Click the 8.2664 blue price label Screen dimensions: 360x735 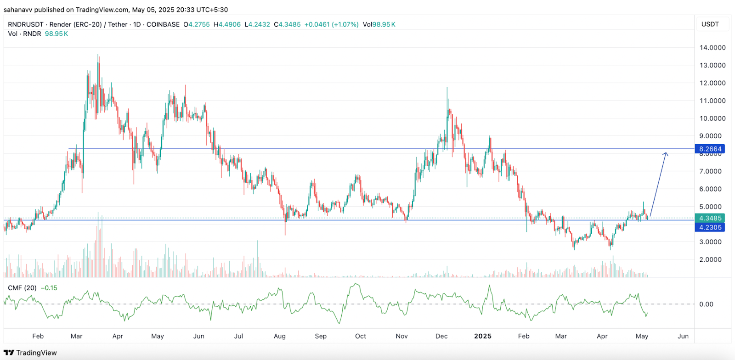tap(710, 149)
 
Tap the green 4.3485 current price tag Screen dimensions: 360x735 tap(710, 218)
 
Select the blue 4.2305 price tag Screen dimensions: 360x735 tap(710, 227)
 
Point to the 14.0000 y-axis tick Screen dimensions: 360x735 tap(712, 48)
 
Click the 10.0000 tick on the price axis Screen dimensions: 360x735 tap(712, 118)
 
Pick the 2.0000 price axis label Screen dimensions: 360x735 tap(712, 259)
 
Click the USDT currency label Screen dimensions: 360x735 tap(710, 24)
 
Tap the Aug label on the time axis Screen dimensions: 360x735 tap(280, 336)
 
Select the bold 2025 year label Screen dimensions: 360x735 tap(483, 336)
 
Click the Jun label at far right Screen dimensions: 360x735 tap(683, 336)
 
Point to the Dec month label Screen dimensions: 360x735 tap(441, 336)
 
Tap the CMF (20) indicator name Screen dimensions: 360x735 tap(22, 288)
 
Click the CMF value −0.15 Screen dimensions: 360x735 tap(49, 288)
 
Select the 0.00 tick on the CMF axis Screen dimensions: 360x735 tap(706, 304)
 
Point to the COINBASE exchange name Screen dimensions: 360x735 tap(163, 24)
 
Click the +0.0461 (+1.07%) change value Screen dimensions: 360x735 tap(331, 24)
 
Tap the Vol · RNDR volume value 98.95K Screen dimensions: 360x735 tap(57, 34)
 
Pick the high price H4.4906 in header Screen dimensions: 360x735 tap(227, 24)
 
